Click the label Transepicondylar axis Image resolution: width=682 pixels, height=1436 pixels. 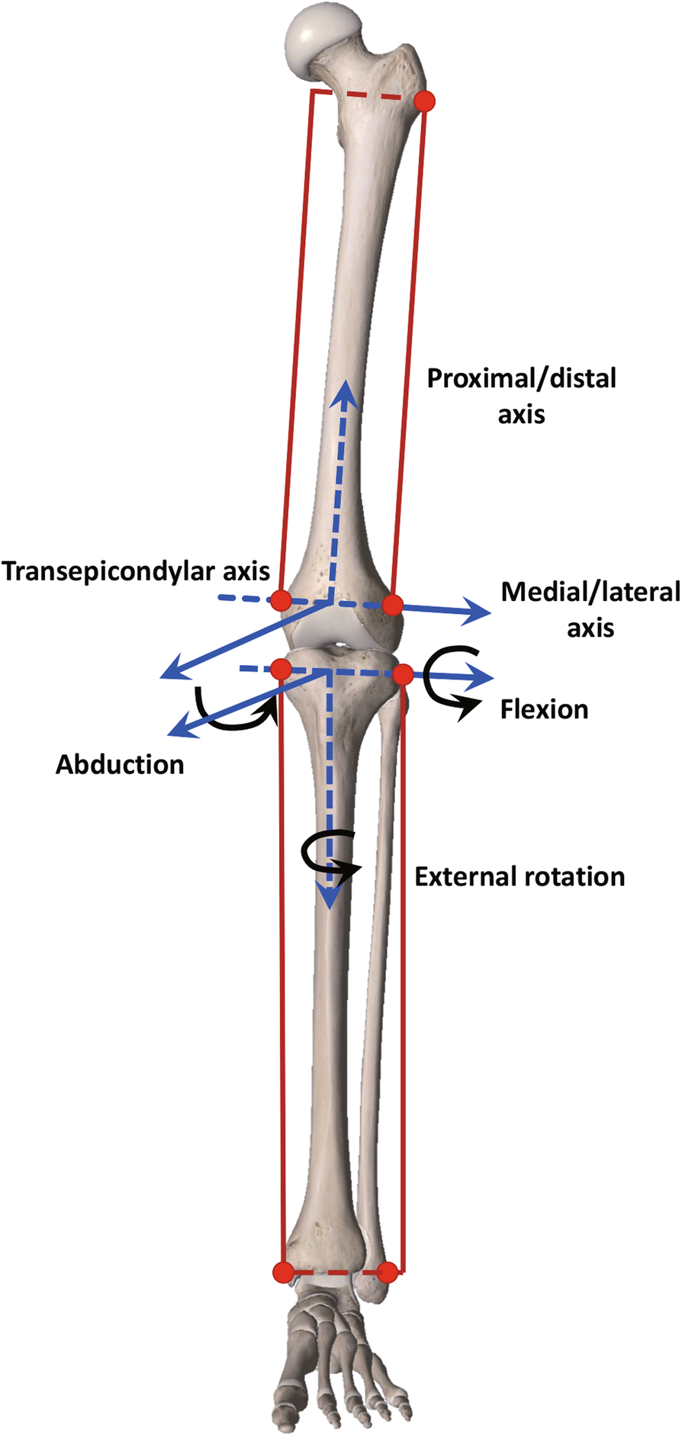point(136,571)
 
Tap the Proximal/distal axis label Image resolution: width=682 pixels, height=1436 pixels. point(521,396)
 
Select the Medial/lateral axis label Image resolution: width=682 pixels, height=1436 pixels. point(590,609)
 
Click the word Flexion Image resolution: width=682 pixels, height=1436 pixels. point(544,710)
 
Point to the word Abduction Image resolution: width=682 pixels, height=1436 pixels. point(120,765)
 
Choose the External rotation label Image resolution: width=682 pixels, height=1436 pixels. point(520,877)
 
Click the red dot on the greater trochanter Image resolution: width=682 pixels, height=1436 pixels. point(424,101)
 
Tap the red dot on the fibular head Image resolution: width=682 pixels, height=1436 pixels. point(403,674)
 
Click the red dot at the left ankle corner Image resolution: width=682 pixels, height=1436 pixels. point(283,1272)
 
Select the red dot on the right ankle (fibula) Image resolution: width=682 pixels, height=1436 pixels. point(388,1272)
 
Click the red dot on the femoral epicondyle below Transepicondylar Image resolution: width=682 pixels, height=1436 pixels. point(281,599)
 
